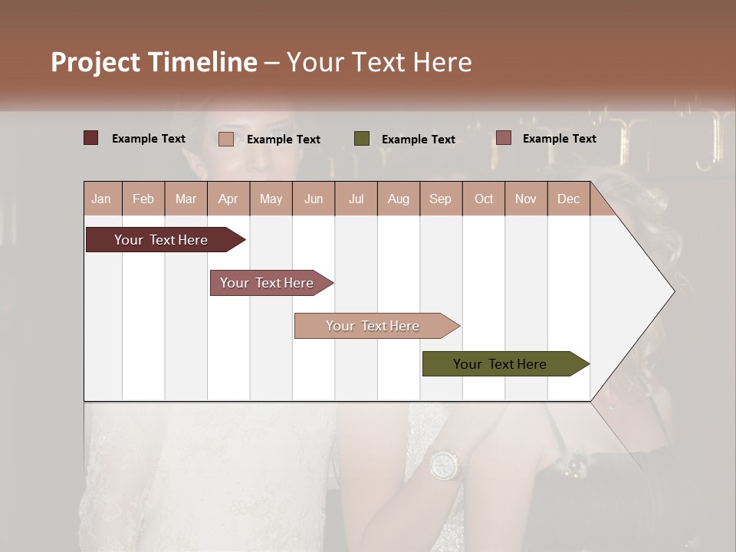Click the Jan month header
[101, 199]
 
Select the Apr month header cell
[228, 199]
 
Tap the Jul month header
[356, 199]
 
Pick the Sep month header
[440, 199]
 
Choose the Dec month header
[568, 199]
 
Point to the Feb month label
[143, 199]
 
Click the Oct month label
[484, 199]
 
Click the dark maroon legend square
[90, 138]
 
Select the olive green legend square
[362, 138]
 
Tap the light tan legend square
[225, 139]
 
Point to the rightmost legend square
[503, 138]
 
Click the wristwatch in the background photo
[444, 465]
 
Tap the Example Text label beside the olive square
[418, 140]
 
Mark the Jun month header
[314, 199]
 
